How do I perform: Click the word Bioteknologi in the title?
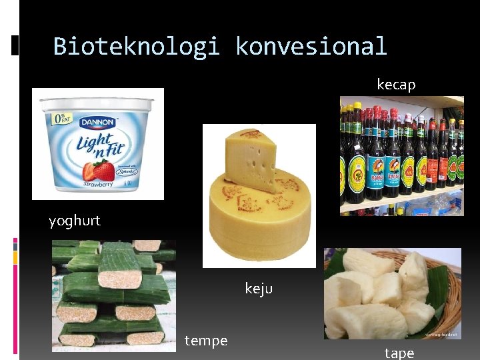tap(136, 46)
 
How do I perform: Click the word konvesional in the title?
tap(311, 46)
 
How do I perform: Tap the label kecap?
tap(396, 85)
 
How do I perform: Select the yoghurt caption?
tap(75, 221)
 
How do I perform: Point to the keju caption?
tap(259, 288)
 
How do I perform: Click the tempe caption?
tap(206, 341)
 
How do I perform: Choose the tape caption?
tap(399, 353)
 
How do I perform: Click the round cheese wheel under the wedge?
tap(260, 220)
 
